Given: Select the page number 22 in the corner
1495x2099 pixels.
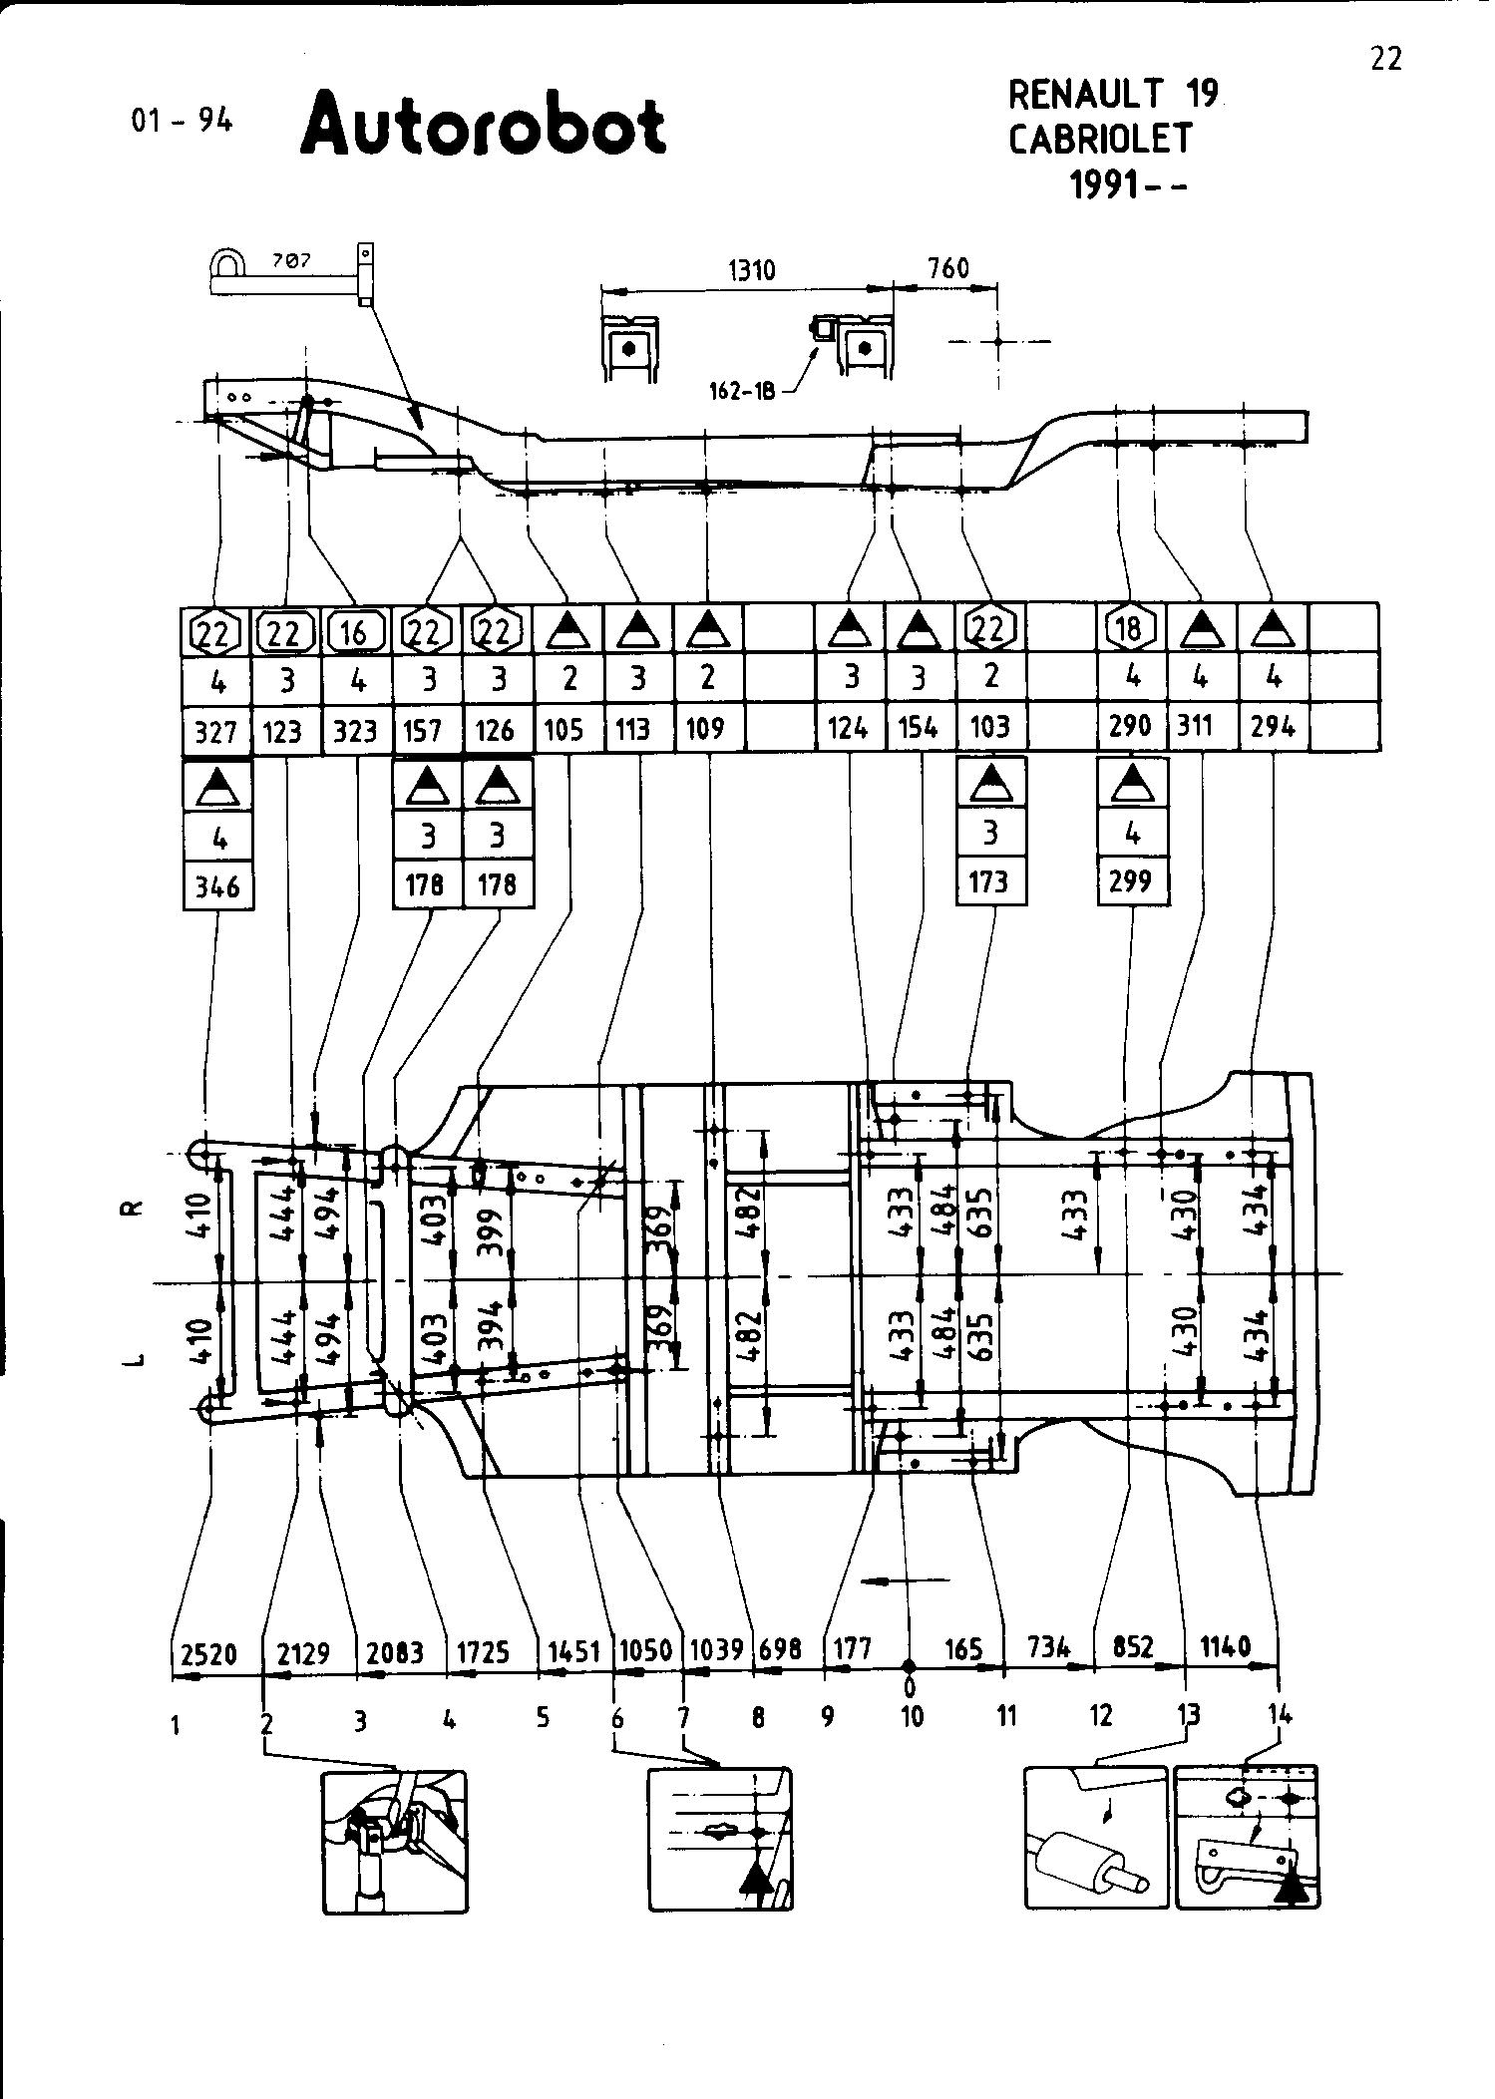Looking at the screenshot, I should coord(1385,60).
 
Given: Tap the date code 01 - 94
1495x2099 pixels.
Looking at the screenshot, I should coord(182,121).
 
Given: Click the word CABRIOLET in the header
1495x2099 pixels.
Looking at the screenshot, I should coord(1100,140).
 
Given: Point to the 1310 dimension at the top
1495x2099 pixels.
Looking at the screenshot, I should coord(751,270).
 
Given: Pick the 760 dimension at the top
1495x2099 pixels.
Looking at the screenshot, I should coord(947,268).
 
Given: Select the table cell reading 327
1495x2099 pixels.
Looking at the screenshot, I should coord(216,731).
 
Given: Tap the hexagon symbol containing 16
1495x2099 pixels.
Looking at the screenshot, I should coord(356,631).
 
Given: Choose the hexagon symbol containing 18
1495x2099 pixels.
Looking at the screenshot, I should coord(1131,629).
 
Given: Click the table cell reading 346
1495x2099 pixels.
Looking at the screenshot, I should coord(218,886).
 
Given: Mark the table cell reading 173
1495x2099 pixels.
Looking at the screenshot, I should coord(989,882).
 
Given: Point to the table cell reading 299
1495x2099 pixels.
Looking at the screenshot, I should coord(1131,881).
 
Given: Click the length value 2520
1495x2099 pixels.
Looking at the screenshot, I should coord(209,1654).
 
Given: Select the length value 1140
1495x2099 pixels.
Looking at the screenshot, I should coord(1225,1646).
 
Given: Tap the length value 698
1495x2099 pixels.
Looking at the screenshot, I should coord(780,1649).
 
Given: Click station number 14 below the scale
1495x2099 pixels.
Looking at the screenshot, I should coord(1280,1715).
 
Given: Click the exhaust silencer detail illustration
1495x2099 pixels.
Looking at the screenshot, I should coord(1095,1837).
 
